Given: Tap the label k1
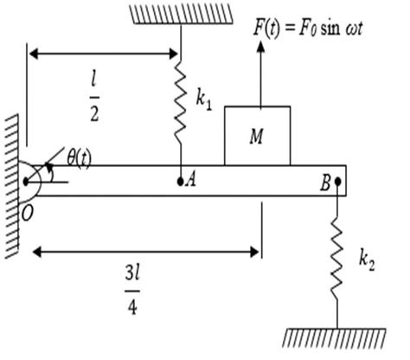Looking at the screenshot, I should [x=204, y=102].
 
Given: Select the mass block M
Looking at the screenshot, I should [x=257, y=135].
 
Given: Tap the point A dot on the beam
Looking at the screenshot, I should [x=180, y=182].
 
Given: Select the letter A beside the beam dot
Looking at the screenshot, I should [x=191, y=182].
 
